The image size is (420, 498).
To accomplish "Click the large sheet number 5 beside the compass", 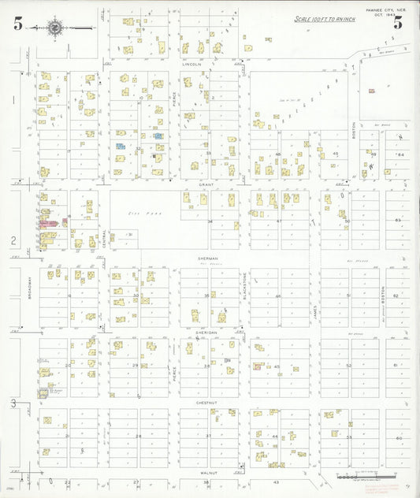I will coord(17,24).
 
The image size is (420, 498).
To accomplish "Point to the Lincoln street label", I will coord(192,65).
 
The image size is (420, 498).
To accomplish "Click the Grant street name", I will coord(206,184).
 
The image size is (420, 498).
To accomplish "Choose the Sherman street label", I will coord(206,258).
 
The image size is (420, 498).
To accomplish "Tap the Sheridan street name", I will coord(206,333).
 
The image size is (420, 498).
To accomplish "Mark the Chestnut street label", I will coord(206,402).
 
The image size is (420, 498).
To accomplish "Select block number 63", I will coord(398,220).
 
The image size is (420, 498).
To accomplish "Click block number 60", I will coord(399,437).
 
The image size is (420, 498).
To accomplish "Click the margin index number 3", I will coord(13,403).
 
